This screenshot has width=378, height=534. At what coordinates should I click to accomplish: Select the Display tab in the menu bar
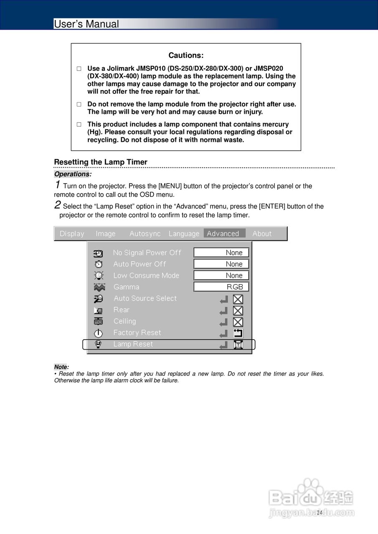pos(72,234)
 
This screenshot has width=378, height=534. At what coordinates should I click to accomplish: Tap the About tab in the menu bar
pos(262,234)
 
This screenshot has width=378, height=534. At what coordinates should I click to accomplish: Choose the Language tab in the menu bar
pos(184,234)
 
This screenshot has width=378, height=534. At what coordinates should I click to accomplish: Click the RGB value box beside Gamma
pos(221,287)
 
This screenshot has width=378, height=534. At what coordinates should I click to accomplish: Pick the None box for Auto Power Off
pos(221,264)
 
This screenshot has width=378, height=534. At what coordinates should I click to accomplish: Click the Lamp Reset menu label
pos(133,344)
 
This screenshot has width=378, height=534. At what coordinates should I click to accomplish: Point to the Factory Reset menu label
pos(137,333)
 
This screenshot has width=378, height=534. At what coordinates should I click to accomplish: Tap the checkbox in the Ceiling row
pos(238,322)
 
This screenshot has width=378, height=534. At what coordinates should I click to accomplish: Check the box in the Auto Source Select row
pos(238,299)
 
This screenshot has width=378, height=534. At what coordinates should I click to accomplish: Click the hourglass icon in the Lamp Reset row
pos(238,345)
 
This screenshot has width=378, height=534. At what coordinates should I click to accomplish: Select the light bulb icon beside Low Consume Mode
pos(99,275)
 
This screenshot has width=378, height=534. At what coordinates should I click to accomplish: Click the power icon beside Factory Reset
pos(98,333)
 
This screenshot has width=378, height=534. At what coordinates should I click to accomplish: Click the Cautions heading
pos(186,55)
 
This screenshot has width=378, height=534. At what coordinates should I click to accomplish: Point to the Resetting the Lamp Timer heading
pos(101,162)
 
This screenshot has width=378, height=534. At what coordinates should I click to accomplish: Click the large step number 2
pos(58,205)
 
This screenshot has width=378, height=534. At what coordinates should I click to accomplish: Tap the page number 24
pos(320,512)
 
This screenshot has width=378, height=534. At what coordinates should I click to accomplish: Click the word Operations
pos(72,174)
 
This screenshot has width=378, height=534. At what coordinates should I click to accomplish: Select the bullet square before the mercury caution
pos(79,124)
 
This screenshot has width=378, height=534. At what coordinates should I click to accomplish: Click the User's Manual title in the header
pos(86,24)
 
